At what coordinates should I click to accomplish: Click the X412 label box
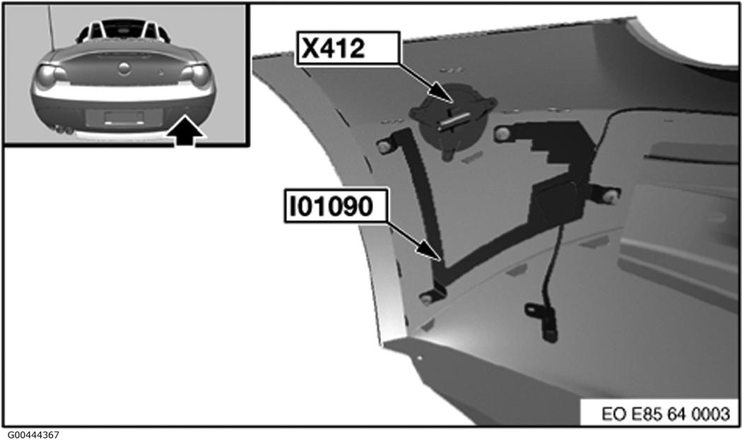pos(348,47)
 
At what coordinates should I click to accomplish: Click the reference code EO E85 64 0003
pos(666,414)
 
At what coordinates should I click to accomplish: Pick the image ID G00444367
pos(33,434)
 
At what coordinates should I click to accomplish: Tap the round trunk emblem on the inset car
pos(124,68)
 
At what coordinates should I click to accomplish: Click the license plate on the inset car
pos(124,117)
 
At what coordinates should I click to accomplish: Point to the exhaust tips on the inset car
pos(63,129)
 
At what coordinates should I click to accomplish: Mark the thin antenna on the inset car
pos(51,26)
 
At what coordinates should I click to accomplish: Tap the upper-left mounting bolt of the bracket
pos(384,147)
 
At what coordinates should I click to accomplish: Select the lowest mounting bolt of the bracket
pos(428,298)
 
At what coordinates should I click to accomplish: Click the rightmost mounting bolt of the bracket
pos(613,195)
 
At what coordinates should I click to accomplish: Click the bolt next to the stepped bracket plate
pos(502,134)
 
